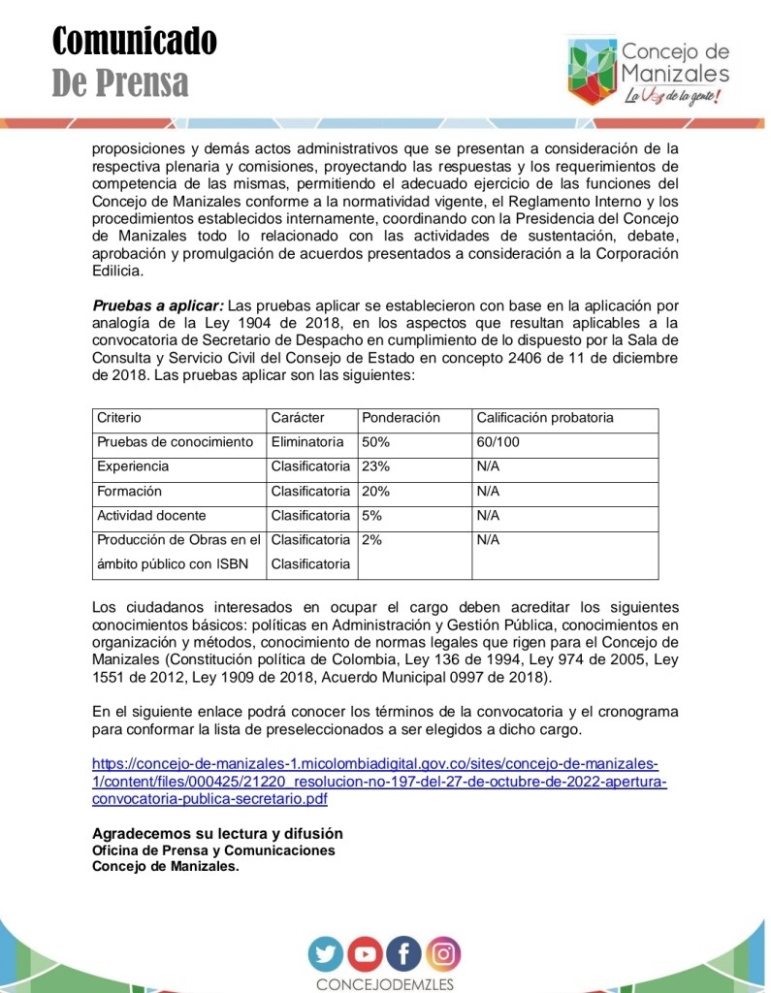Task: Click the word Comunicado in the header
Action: [134, 41]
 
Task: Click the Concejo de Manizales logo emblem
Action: [591, 71]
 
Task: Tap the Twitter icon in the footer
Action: [327, 954]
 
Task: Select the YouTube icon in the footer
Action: [366, 954]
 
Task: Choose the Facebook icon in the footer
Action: [404, 954]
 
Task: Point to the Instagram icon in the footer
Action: [443, 954]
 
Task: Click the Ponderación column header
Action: [401, 418]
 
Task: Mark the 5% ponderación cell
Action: [371, 516]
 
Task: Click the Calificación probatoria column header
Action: [544, 418]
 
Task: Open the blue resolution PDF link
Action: [378, 781]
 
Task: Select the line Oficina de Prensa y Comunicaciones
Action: [213, 850]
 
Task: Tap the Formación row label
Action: [129, 492]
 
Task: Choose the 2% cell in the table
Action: [371, 540]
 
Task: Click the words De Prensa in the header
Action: [120, 83]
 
